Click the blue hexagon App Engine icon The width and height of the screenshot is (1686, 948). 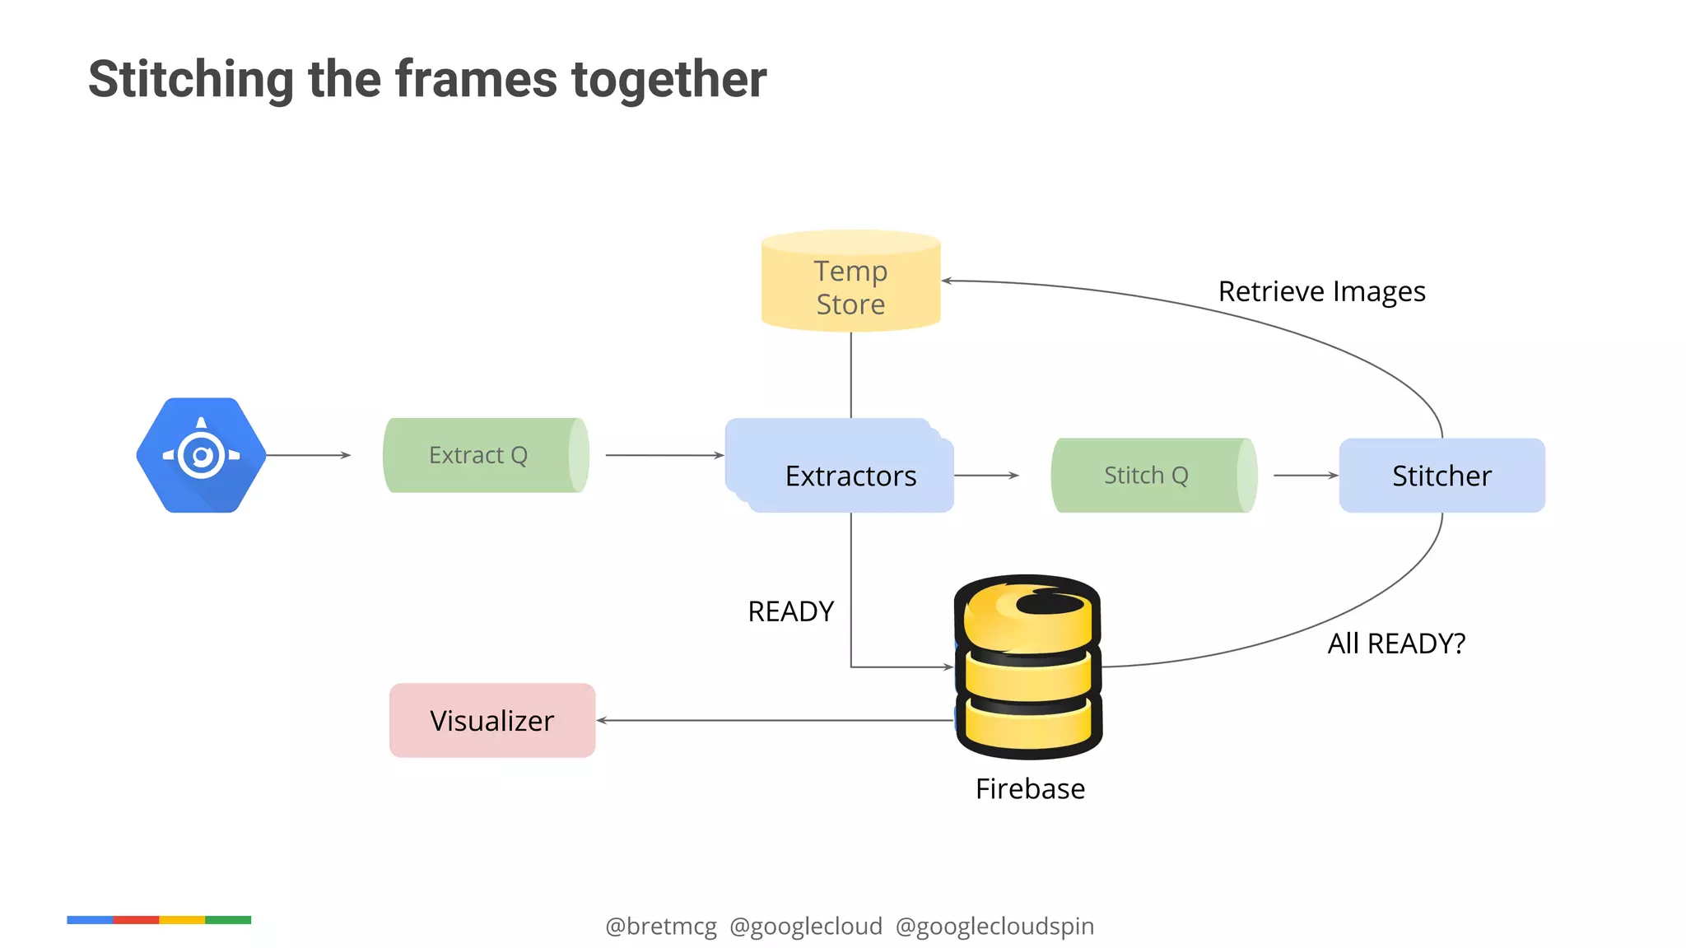(x=202, y=455)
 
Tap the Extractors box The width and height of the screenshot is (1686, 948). (x=850, y=475)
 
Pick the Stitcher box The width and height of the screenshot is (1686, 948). (x=1441, y=475)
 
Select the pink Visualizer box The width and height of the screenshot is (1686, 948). (x=491, y=720)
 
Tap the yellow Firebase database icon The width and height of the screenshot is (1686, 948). (x=1028, y=667)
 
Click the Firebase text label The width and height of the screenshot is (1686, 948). (x=1030, y=788)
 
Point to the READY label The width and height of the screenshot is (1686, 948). (x=790, y=611)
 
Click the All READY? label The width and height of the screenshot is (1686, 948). (x=1396, y=643)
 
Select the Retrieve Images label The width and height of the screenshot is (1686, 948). (x=1321, y=291)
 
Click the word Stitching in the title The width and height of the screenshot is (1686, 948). (x=190, y=80)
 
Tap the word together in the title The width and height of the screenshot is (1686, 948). (x=668, y=80)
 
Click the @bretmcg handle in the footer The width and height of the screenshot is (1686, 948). (x=661, y=926)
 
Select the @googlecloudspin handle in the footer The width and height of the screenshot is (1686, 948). (x=994, y=926)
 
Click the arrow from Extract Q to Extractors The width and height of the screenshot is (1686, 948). (x=664, y=455)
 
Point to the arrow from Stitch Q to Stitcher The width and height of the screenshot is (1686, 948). (x=1306, y=475)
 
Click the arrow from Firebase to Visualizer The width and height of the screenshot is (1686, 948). (x=774, y=720)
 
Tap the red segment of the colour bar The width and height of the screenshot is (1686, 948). (x=136, y=919)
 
